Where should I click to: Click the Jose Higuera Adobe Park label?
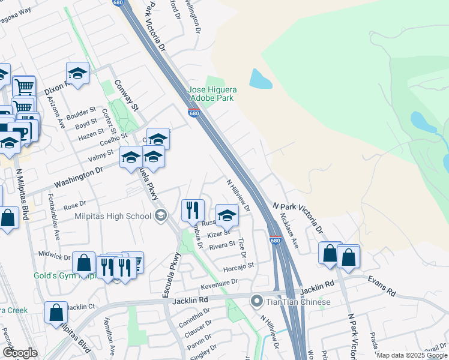pos(212,94)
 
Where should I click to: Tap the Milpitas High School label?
pos(113,216)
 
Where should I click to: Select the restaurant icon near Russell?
pos(193,210)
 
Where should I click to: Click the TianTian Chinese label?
pos(298,301)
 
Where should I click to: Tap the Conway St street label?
pos(127,95)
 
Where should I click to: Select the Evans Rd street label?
pos(382,286)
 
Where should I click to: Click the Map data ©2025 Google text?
pos(411,355)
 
